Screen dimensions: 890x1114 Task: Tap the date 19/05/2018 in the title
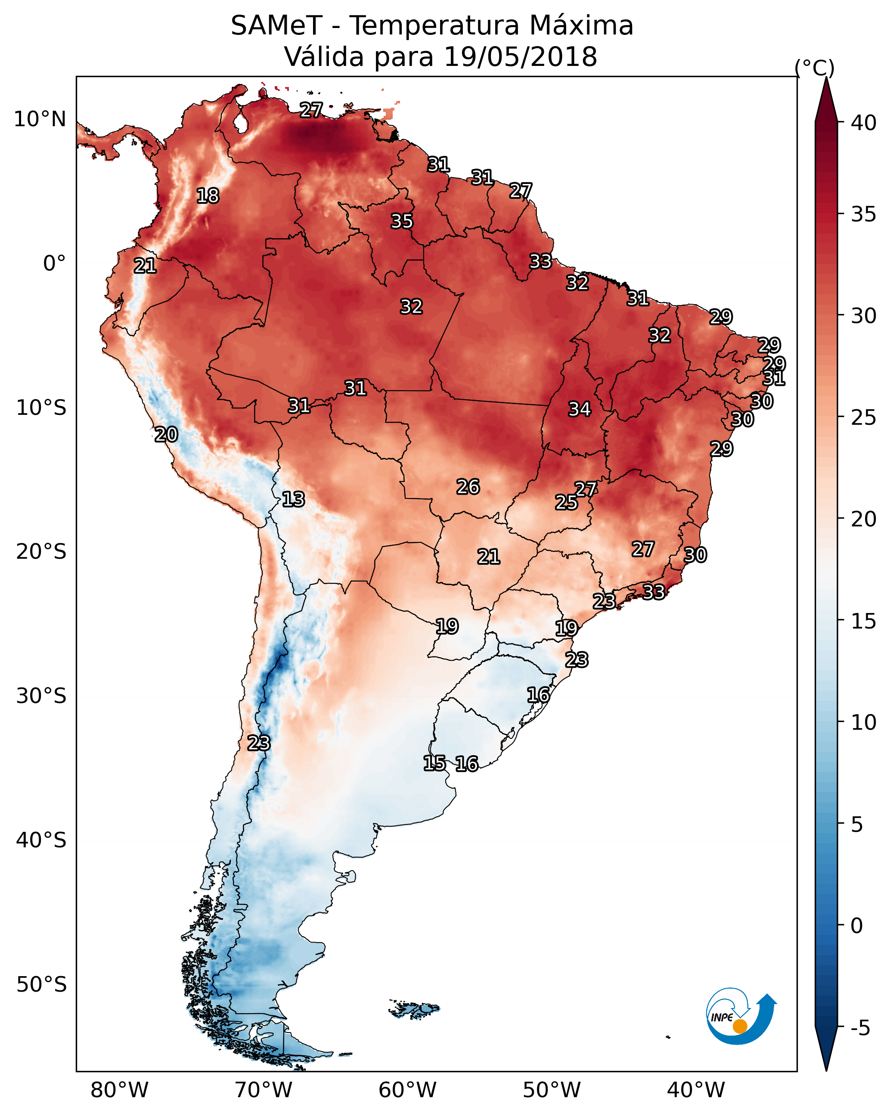click(520, 57)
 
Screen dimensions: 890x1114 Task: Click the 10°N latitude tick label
click(40, 119)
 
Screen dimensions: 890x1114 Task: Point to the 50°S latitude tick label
click(41, 985)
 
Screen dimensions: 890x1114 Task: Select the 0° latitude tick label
click(55, 264)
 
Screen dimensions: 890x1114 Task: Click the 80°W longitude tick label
click(119, 1090)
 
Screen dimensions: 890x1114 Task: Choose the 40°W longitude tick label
click(696, 1090)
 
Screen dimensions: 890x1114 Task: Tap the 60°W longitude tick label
click(408, 1090)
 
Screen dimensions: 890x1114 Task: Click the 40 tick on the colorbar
click(864, 123)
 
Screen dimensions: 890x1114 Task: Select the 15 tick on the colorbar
click(864, 622)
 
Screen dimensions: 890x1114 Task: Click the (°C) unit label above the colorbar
click(815, 68)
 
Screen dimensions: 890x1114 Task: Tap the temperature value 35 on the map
click(402, 221)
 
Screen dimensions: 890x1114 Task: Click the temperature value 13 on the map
click(293, 499)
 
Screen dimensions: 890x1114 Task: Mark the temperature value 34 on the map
click(580, 409)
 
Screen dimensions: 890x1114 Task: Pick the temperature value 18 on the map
click(208, 196)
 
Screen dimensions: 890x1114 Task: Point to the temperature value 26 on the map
click(468, 487)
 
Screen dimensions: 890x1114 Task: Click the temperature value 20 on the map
click(166, 435)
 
